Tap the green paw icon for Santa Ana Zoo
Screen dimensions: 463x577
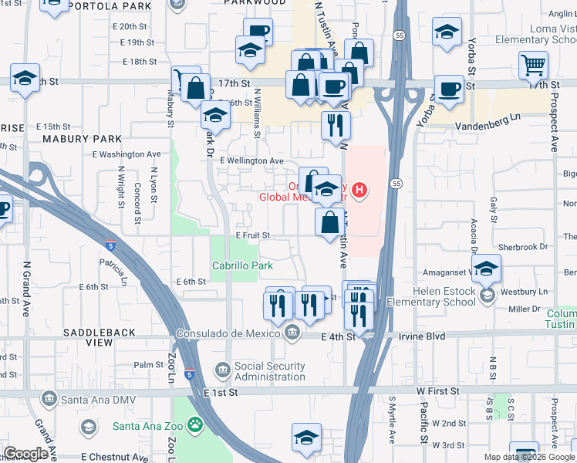point(198,424)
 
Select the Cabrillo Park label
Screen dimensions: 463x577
point(242,265)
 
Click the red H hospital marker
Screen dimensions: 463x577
point(359,189)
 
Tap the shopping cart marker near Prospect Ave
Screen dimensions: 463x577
point(533,66)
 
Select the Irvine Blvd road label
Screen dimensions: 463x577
point(399,336)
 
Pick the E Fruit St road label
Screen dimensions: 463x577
point(252,235)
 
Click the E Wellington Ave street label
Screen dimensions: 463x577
point(251,161)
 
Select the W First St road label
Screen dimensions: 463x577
point(437,391)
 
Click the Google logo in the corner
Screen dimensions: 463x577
point(25,454)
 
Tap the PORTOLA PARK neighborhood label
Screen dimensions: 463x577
point(109,6)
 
